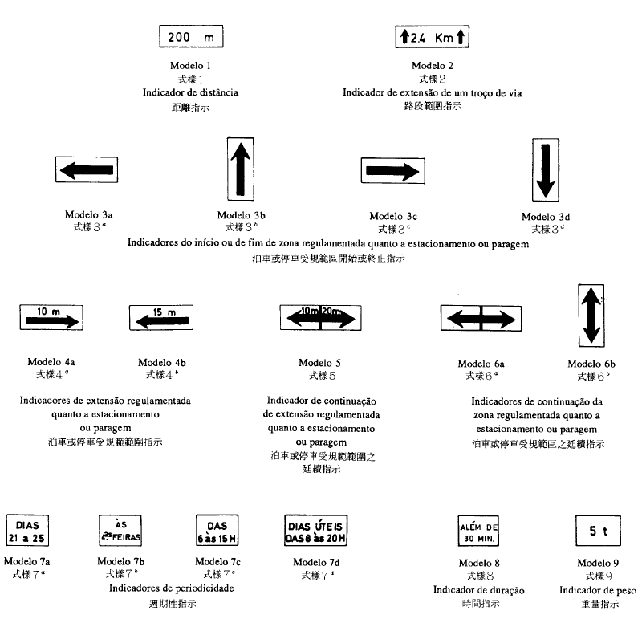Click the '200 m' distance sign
tap(191, 37)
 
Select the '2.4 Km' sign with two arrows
tap(433, 37)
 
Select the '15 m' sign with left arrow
tap(163, 318)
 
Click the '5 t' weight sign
tap(598, 531)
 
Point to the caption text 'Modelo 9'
tap(598, 561)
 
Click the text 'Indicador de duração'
tap(478, 590)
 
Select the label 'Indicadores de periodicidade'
tap(171, 588)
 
